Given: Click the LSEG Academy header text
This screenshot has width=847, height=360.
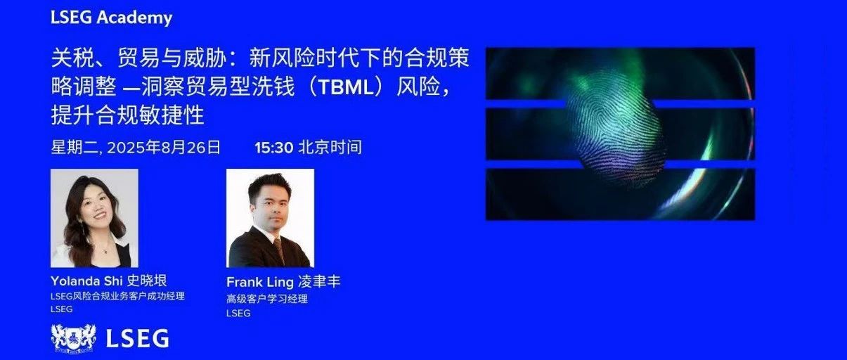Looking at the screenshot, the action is coord(112,18).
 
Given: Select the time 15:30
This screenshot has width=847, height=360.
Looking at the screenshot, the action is coord(274,148).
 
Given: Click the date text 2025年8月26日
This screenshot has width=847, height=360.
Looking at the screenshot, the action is coord(163,148).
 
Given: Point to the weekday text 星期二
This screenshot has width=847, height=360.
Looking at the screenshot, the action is coord(75,148).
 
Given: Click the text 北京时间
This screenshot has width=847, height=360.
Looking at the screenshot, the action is coord(330,148).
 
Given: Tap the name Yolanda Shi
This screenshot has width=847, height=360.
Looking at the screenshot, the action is coord(86,281).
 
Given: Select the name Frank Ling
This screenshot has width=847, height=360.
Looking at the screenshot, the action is coord(260,282).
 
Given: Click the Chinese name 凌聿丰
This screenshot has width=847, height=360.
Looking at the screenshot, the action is coord(320,282).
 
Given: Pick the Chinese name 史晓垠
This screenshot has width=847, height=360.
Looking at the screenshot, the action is coord(147,281).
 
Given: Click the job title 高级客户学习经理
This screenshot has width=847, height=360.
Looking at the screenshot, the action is coord(267,299).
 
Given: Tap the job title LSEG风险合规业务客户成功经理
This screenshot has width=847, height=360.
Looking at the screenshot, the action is coord(117,296).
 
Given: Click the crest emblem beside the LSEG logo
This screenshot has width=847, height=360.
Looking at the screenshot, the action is coord(73,339).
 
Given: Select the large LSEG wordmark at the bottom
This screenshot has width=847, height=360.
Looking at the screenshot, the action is coord(137,338).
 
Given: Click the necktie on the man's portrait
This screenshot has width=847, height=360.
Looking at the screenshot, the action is coord(280,250).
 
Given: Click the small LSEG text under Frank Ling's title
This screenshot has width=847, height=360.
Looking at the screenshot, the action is coord(238,314).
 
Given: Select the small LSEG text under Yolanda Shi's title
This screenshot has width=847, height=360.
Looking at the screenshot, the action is coord(62,309).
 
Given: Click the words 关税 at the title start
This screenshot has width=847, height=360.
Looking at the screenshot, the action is coord(72,58).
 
